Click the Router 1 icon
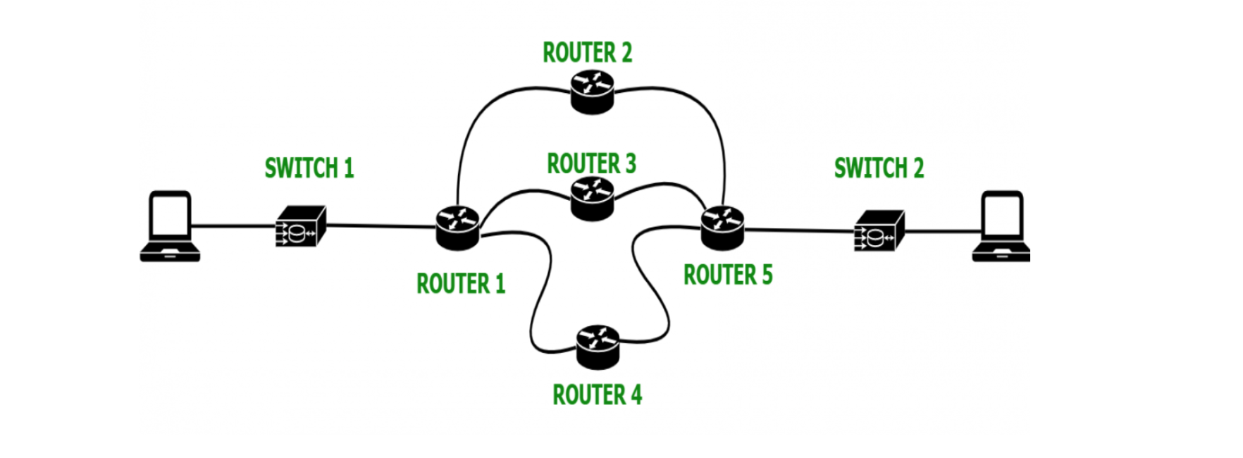click(x=457, y=227)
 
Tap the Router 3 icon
click(x=593, y=198)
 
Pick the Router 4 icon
click(x=598, y=346)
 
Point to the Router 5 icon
click(x=723, y=227)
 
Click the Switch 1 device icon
click(x=301, y=227)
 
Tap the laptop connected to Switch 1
click(x=170, y=226)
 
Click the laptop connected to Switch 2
click(x=1001, y=226)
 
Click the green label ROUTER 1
click(x=461, y=284)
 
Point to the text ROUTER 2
click(x=587, y=53)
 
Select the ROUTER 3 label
click(x=591, y=163)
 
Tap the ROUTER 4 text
click(x=597, y=395)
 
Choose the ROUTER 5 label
click(x=728, y=275)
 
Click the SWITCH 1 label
click(x=309, y=168)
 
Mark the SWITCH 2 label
click(x=879, y=168)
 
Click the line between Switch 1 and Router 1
click(x=381, y=226)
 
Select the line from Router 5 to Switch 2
click(x=800, y=230)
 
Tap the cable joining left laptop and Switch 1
click(x=233, y=226)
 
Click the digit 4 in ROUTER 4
click(x=636, y=395)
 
